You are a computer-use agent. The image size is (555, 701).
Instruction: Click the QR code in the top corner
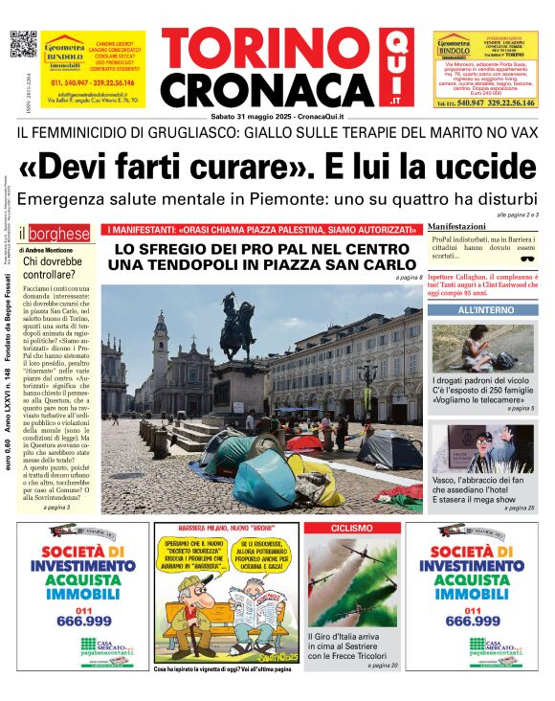click(x=22, y=44)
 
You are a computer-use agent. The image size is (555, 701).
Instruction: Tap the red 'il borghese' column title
click(x=57, y=233)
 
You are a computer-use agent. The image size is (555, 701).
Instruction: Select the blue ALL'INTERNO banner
click(x=485, y=310)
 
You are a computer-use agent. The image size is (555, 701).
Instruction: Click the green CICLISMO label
click(x=351, y=529)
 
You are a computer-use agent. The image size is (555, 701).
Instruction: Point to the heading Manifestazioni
click(x=456, y=226)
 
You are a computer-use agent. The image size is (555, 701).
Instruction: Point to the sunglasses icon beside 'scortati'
click(x=527, y=257)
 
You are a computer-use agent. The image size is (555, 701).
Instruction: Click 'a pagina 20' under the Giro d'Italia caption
click(x=382, y=665)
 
